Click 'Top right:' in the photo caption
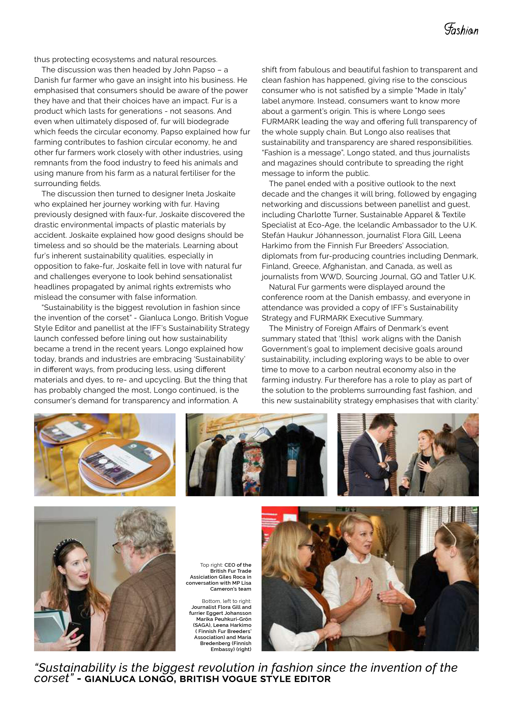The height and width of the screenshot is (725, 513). [211, 565]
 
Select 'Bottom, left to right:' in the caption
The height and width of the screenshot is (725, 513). [226, 601]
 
